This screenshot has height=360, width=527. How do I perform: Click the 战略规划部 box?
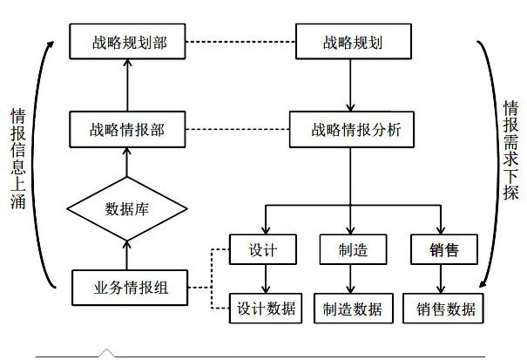click(127, 41)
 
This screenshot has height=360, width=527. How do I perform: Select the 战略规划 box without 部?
click(354, 41)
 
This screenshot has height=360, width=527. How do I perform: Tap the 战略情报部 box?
click(127, 130)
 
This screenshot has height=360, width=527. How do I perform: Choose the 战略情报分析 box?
click(352, 130)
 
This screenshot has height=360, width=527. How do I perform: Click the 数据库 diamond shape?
click(127, 209)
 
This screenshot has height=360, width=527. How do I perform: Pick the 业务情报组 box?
click(130, 288)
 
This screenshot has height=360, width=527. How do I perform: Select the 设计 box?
click(263, 249)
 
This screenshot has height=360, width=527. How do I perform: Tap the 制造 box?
click(354, 249)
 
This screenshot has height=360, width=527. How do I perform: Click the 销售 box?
click(444, 249)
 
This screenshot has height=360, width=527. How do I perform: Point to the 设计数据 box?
click(266, 309)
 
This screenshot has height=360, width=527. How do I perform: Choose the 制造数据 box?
click(354, 309)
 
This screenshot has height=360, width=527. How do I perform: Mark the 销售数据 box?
click(443, 309)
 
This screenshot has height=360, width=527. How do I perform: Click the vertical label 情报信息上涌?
click(17, 159)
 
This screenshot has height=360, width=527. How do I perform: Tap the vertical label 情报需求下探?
click(510, 151)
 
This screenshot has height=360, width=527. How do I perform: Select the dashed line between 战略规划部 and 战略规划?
click(240, 42)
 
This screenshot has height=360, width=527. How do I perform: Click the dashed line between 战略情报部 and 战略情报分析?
click(238, 130)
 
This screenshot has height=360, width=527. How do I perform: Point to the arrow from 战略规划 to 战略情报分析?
click(350, 85)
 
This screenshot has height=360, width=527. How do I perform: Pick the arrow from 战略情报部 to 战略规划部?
click(127, 85)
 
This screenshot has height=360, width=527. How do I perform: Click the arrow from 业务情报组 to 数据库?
click(126, 255)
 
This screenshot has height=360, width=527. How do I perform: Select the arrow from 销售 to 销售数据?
click(441, 279)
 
